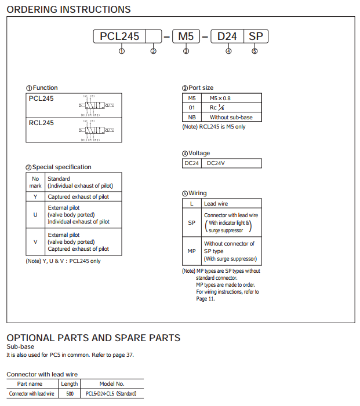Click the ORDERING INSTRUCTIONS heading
68,9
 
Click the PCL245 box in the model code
119,36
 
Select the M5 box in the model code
186,36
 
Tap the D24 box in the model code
227,36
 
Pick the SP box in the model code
256,36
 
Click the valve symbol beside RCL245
97,131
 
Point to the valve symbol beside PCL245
97,106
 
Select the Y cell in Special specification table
35,196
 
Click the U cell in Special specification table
35,215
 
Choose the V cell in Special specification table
35,242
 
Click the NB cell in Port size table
192,117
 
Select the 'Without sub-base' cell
231,117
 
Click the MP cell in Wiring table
192,251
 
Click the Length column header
70,384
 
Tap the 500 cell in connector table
70,394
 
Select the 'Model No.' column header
112,384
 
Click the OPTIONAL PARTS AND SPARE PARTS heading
93,338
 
